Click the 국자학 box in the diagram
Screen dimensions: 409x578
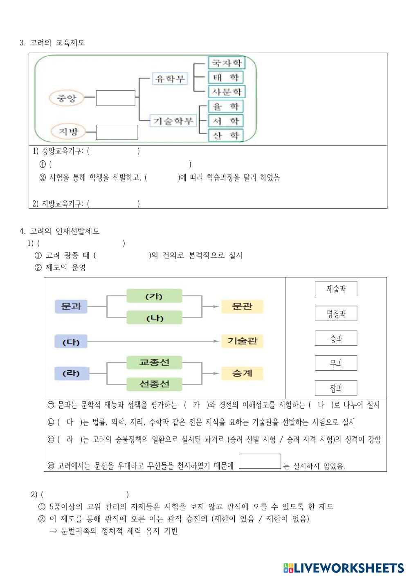[x=226, y=63]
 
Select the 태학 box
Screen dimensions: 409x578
[x=226, y=77]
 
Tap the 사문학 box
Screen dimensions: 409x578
[x=226, y=91]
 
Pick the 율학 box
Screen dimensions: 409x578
[x=226, y=107]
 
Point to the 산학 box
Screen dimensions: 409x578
[x=226, y=135]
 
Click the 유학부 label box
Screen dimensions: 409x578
[x=170, y=78]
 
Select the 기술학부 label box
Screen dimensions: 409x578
[x=173, y=121]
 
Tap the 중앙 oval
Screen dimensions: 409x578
[x=67, y=98]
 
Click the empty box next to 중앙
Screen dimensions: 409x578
[x=115, y=98]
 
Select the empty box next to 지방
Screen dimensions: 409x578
[x=117, y=132]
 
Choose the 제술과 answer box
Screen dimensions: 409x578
[x=336, y=289]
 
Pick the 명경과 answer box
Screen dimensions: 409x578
[x=336, y=314]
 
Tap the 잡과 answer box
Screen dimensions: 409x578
[x=336, y=388]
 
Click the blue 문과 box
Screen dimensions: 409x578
[x=71, y=306]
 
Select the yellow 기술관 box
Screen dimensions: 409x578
[x=242, y=341]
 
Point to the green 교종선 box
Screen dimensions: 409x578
[x=154, y=362]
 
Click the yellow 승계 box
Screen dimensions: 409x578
[x=242, y=373]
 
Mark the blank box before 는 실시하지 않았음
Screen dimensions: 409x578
[x=260, y=461]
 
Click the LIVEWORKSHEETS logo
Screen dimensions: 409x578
[x=343, y=568]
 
